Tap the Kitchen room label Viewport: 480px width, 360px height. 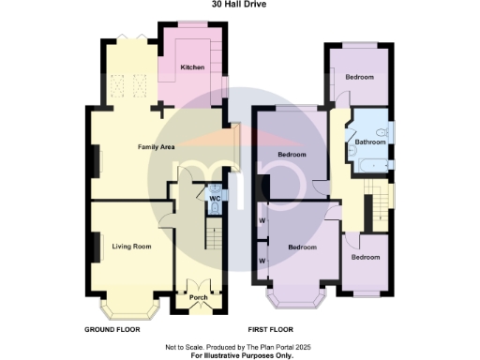[193, 67]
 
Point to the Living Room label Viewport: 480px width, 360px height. [131, 247]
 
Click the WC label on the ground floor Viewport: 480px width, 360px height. [215, 199]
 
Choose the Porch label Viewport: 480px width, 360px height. [199, 297]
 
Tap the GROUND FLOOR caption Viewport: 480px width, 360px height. [112, 329]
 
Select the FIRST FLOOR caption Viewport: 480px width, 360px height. [271, 329]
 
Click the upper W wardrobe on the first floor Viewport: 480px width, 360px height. [262, 222]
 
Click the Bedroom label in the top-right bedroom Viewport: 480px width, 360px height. [359, 77]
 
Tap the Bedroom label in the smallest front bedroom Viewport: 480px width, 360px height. [366, 257]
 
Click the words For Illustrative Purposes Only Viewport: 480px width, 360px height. [242, 354]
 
